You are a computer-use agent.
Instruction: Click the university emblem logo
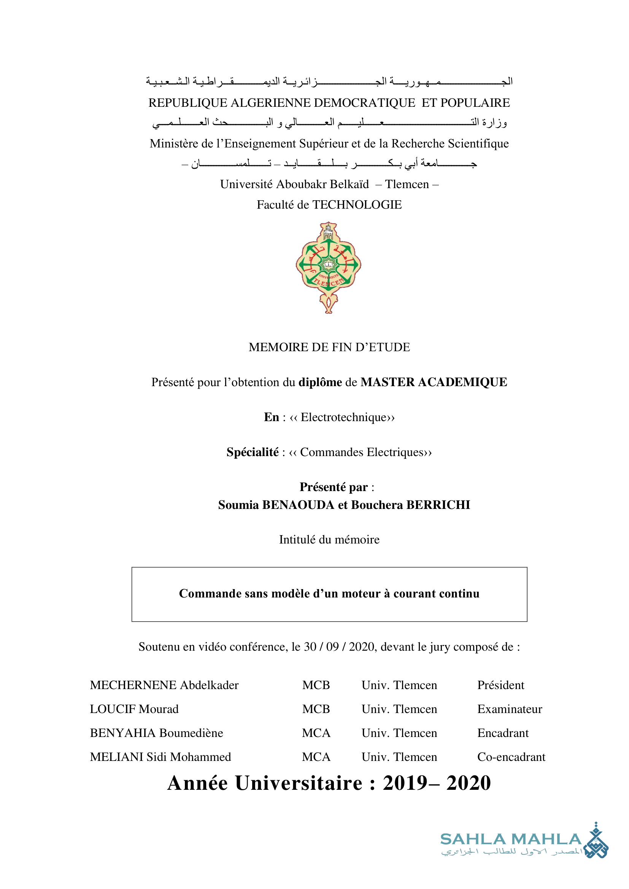[329, 267]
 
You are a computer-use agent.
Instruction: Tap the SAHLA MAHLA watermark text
[510, 840]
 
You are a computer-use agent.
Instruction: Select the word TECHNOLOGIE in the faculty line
[357, 204]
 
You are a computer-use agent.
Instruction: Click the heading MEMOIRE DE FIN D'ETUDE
[329, 347]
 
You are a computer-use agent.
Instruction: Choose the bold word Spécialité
[253, 452]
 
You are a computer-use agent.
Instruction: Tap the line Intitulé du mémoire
[329, 540]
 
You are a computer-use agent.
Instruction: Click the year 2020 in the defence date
[362, 647]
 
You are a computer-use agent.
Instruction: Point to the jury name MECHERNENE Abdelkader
[164, 685]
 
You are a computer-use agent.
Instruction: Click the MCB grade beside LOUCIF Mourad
[316, 709]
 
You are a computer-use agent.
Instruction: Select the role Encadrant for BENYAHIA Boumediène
[503, 733]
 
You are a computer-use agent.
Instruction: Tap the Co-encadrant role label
[511, 757]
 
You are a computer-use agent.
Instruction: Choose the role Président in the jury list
[500, 685]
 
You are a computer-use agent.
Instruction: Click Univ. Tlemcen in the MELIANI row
[399, 757]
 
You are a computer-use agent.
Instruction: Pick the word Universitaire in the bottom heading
[299, 783]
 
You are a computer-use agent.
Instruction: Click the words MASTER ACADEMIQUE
[434, 382]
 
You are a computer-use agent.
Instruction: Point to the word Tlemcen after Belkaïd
[407, 184]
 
